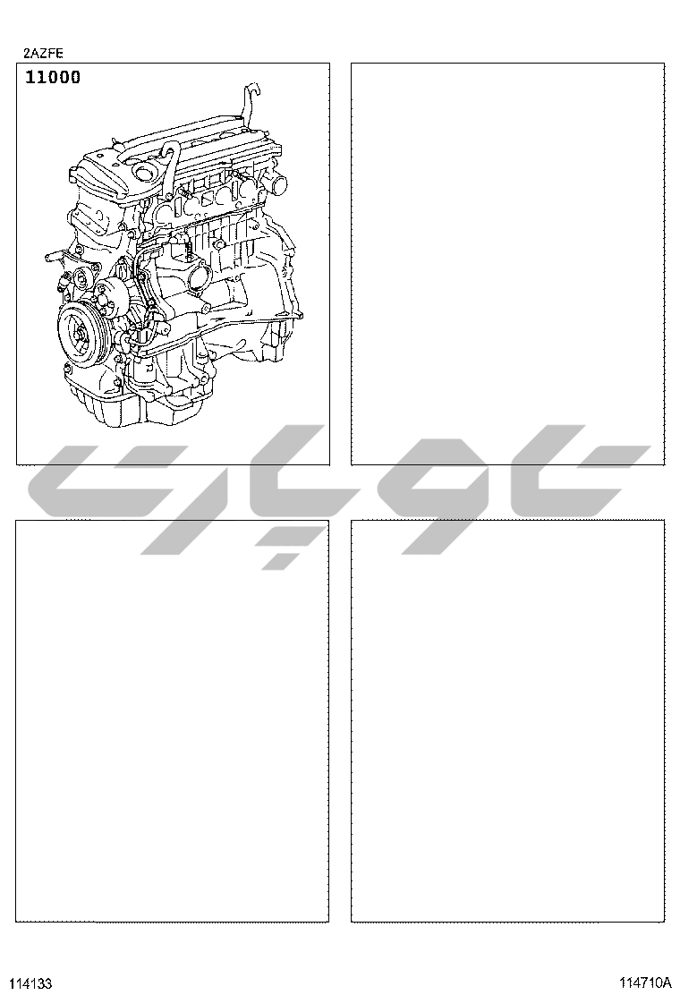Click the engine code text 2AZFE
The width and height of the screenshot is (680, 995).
point(43,54)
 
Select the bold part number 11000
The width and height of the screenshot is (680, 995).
point(53,78)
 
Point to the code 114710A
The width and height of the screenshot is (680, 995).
point(644,982)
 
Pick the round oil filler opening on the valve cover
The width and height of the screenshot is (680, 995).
point(145,172)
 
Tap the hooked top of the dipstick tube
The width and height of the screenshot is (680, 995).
point(251,89)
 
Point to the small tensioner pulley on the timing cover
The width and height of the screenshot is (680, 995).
point(81,277)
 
